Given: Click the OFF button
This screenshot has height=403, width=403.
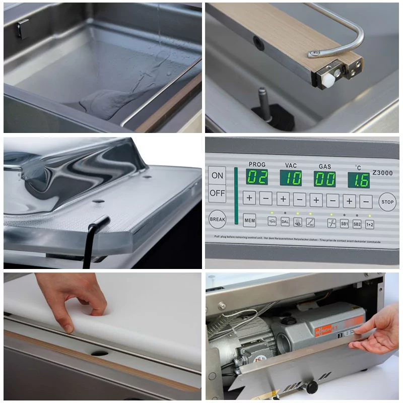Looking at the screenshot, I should (x=217, y=193).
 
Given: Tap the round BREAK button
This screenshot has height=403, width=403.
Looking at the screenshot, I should (x=217, y=219).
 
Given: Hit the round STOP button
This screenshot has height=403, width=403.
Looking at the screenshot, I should (x=387, y=201).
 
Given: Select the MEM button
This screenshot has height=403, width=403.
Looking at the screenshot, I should (x=249, y=220).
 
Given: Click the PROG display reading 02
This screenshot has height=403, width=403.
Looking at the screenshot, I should (x=257, y=177).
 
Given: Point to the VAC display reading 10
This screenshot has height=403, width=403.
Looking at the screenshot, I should (x=291, y=177).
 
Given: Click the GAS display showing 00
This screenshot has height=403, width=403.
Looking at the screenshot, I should (x=324, y=178).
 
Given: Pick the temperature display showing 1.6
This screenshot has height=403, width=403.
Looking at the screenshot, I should (x=358, y=180).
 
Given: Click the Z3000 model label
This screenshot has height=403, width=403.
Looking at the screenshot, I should (x=382, y=173).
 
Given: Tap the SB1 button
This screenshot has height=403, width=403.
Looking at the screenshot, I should (x=345, y=223).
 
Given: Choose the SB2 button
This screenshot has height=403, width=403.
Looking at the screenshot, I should (x=357, y=224).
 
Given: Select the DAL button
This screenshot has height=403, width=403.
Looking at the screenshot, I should (x=285, y=221).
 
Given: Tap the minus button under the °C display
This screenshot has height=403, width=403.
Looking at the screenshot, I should (x=366, y=201).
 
